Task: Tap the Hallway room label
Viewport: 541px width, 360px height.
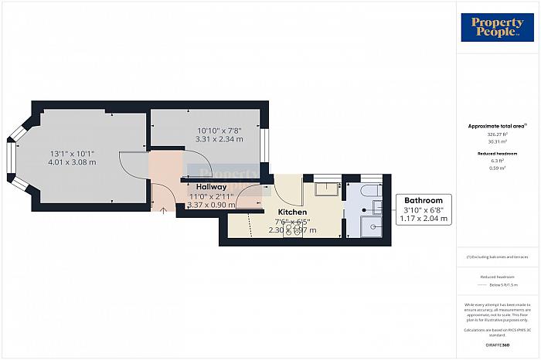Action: [211, 187]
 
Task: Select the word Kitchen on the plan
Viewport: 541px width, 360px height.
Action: [293, 212]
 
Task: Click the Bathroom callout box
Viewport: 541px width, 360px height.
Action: [424, 209]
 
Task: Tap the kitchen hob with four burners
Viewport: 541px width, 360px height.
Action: [293, 229]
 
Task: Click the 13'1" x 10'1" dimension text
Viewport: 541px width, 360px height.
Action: [72, 152]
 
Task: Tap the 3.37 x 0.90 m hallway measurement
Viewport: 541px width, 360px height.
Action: [211, 205]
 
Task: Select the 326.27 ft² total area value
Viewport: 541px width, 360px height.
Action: [497, 134]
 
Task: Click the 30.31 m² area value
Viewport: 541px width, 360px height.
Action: [497, 141]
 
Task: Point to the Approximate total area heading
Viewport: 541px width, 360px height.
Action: [496, 126]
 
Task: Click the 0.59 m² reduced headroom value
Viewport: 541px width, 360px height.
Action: [497, 168]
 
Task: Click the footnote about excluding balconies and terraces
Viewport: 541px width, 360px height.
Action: [496, 256]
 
